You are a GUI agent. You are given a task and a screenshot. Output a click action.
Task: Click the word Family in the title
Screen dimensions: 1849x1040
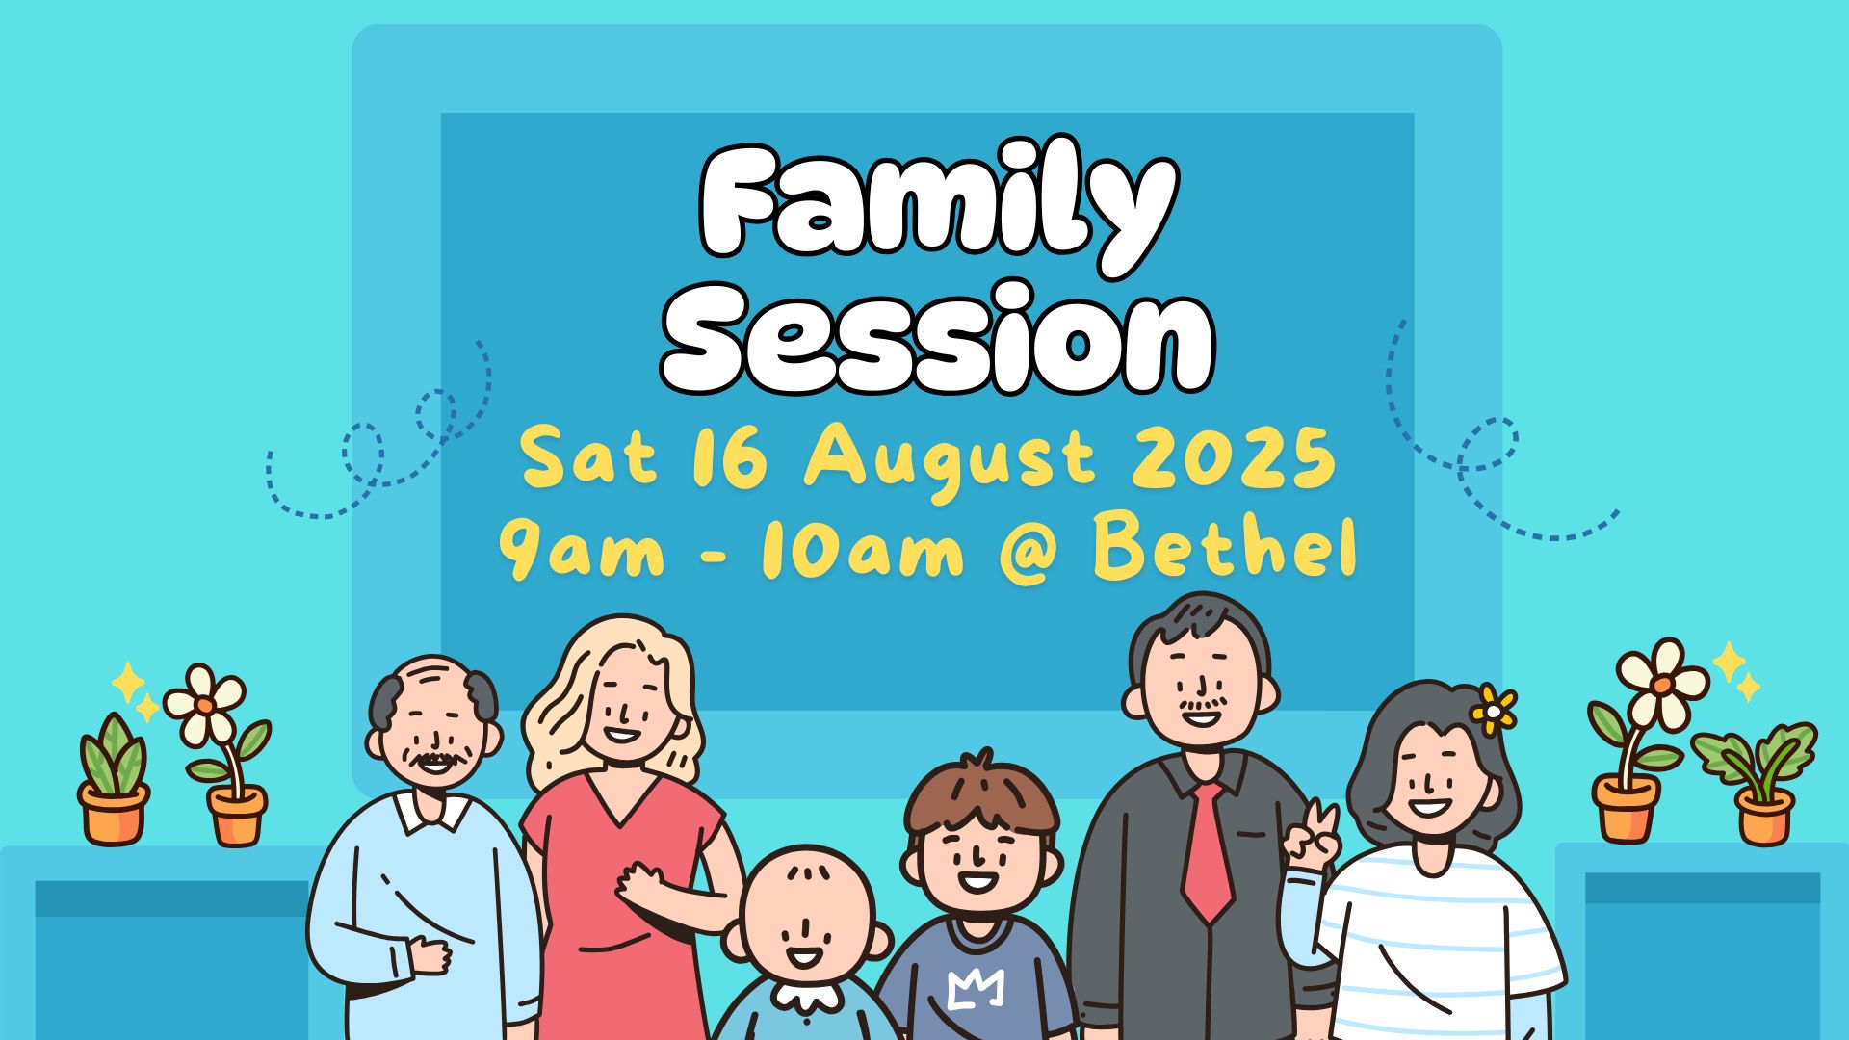[936, 206]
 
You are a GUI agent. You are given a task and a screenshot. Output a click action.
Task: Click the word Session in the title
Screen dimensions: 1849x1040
[936, 338]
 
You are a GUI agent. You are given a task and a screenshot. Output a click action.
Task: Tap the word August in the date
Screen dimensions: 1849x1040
[950, 460]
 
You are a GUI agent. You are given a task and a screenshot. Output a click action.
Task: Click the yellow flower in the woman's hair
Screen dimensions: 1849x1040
[1494, 711]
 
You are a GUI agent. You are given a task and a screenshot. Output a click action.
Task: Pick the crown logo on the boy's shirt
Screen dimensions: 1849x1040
[976, 988]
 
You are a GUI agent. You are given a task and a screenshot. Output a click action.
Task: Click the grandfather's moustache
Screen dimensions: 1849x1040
[435, 760]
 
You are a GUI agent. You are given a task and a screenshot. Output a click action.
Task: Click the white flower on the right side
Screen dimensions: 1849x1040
[1662, 684]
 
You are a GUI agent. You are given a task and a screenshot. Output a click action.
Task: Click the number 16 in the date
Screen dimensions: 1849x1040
[730, 456]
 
